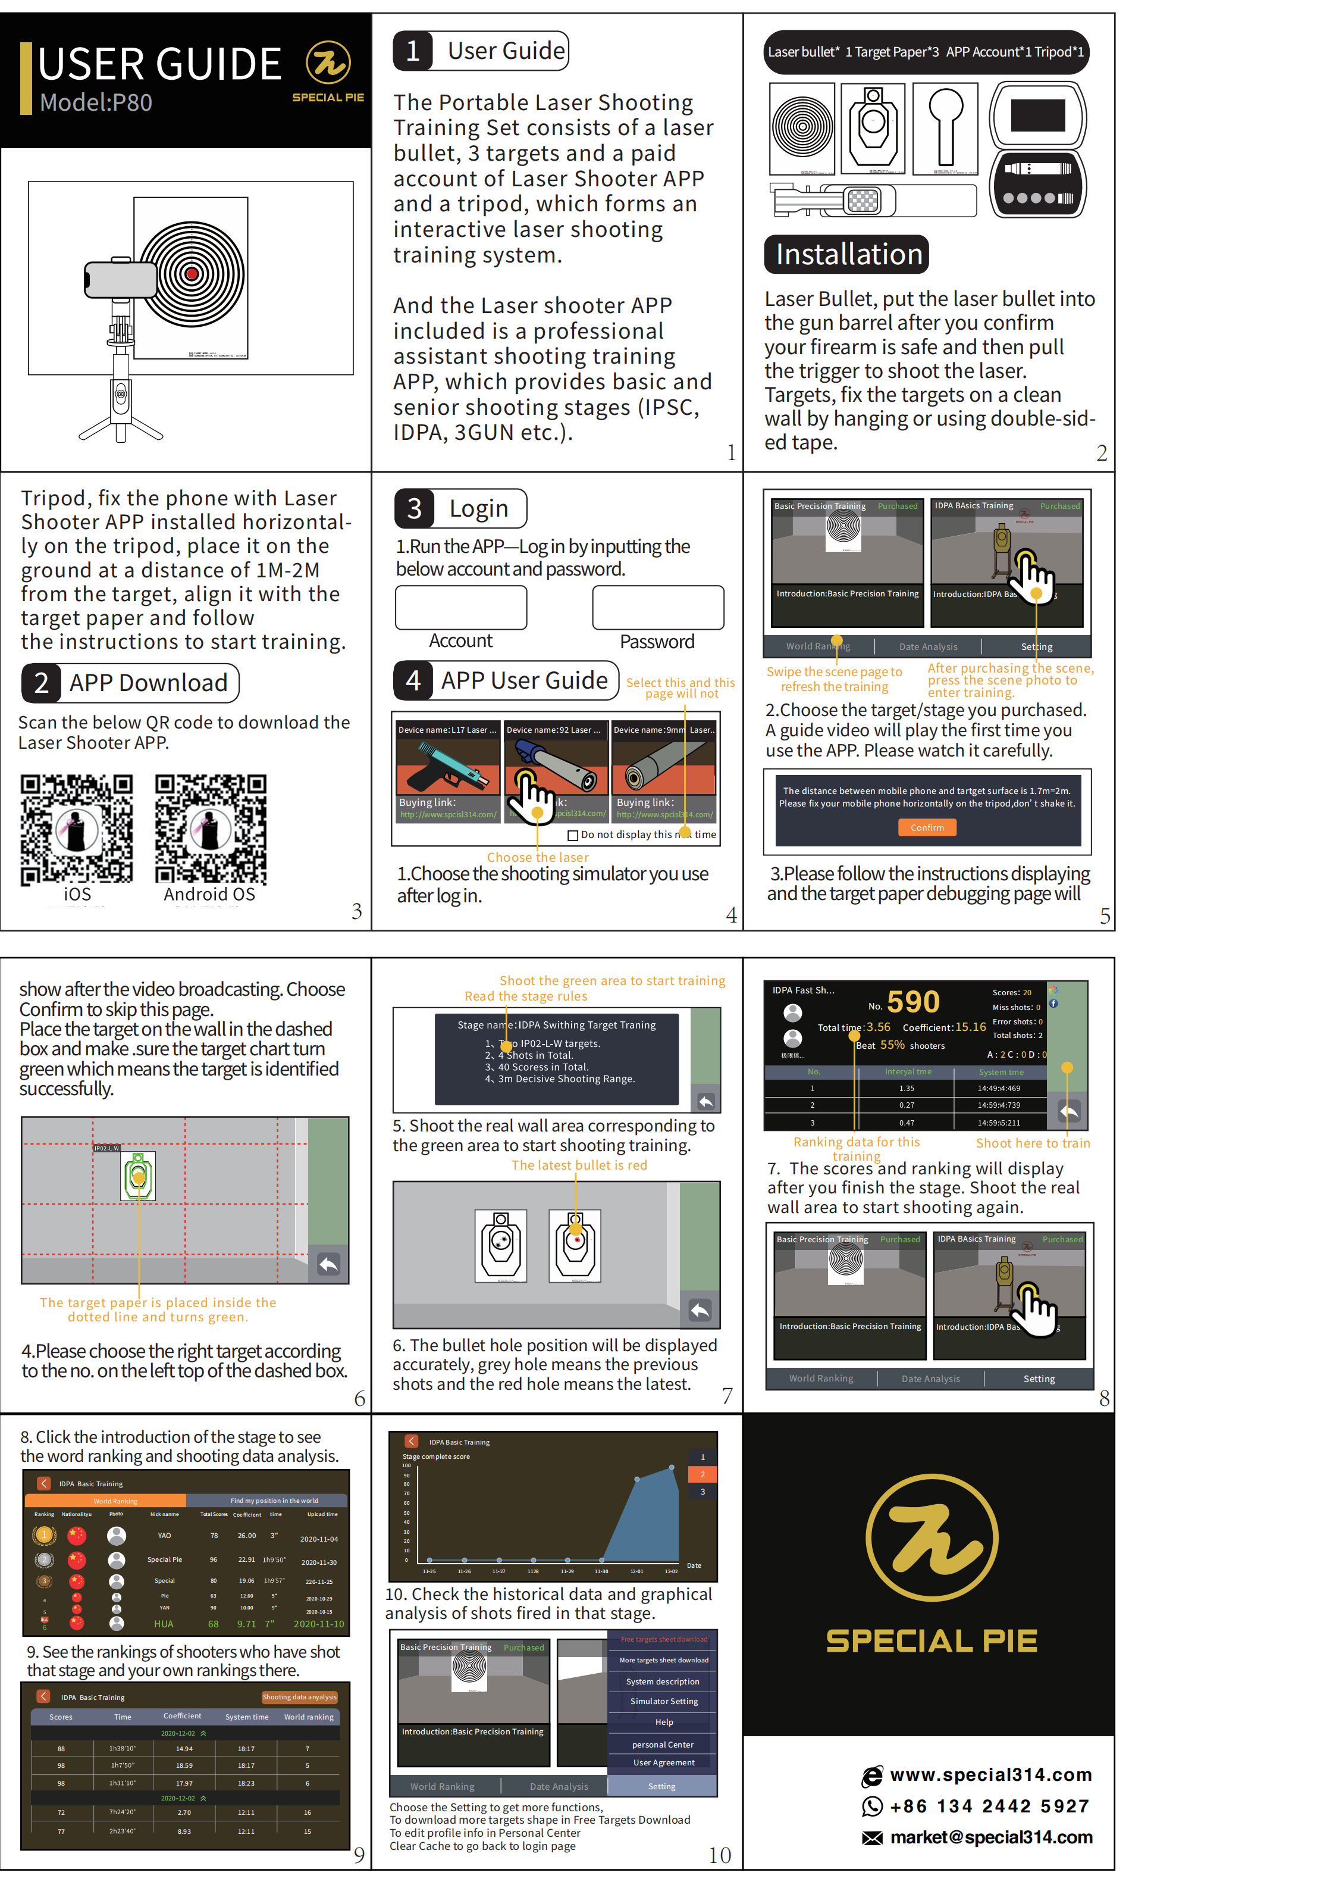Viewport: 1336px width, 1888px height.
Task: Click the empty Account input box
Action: coord(460,607)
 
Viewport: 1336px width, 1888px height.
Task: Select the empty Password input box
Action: coord(657,607)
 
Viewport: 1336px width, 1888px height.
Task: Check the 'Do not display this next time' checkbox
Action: coord(573,835)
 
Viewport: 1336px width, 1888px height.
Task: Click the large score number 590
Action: coord(913,1002)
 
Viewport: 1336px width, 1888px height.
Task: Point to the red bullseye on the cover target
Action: coord(192,273)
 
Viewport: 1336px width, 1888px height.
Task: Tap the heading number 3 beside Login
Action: coord(415,509)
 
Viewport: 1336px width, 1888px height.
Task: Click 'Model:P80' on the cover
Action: coord(96,103)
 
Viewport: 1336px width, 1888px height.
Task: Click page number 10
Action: coord(720,1855)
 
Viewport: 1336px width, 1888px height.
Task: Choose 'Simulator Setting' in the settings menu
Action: coord(664,1701)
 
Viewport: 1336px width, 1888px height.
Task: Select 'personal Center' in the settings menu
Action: coord(663,1745)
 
